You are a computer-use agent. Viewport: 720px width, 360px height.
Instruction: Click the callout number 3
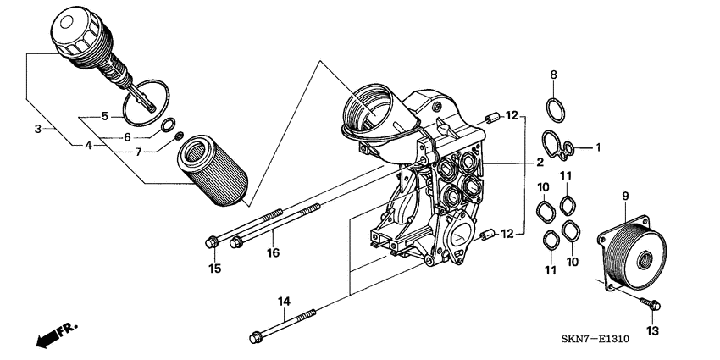click(37, 129)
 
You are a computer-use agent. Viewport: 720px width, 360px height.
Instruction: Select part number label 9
click(625, 197)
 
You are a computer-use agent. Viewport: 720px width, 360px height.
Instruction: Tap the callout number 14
click(284, 302)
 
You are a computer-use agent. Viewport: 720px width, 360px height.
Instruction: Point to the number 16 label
click(273, 252)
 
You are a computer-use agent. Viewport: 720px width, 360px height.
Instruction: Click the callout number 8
click(554, 75)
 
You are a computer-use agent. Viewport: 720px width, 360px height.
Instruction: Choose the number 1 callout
click(597, 147)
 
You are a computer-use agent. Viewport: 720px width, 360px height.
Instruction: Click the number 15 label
click(215, 269)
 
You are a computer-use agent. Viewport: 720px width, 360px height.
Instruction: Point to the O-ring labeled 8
click(555, 109)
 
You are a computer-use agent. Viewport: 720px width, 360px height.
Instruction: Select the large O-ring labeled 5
click(145, 100)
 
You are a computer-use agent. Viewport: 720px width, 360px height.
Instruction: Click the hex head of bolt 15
click(212, 244)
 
